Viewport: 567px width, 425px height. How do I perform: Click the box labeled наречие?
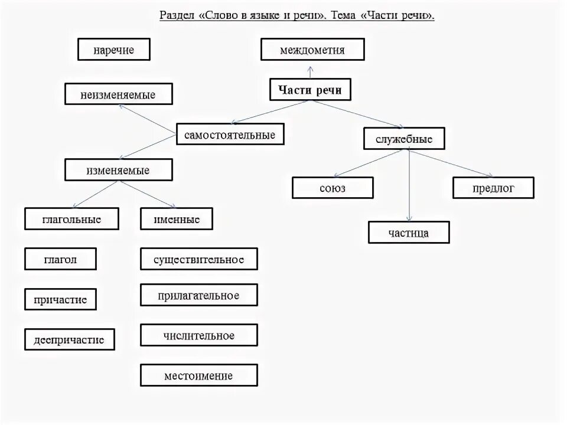(x=114, y=50)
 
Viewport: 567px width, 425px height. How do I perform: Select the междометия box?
(x=312, y=50)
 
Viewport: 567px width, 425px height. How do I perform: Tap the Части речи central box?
(x=310, y=90)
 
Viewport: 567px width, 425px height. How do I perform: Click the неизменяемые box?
(x=119, y=94)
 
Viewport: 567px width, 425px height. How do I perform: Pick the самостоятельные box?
(x=230, y=135)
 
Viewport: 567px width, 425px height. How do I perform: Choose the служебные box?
(x=404, y=139)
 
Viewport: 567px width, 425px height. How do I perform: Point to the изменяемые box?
(x=118, y=170)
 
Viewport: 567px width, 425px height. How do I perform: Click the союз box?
(x=333, y=188)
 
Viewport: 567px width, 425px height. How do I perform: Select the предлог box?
(x=493, y=188)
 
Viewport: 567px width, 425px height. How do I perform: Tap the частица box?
(x=409, y=232)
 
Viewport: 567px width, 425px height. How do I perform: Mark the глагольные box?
(x=71, y=219)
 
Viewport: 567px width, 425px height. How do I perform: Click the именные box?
(x=177, y=219)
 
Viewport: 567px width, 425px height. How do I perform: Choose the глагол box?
(x=60, y=259)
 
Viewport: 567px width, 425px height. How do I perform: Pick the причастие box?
(x=60, y=299)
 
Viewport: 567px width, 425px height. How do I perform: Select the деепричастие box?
(x=69, y=339)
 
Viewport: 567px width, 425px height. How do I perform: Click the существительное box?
(x=199, y=259)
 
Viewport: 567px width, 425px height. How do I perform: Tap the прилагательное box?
(x=199, y=295)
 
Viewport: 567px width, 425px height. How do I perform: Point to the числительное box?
(x=199, y=335)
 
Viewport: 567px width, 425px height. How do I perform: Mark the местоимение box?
(x=199, y=375)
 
